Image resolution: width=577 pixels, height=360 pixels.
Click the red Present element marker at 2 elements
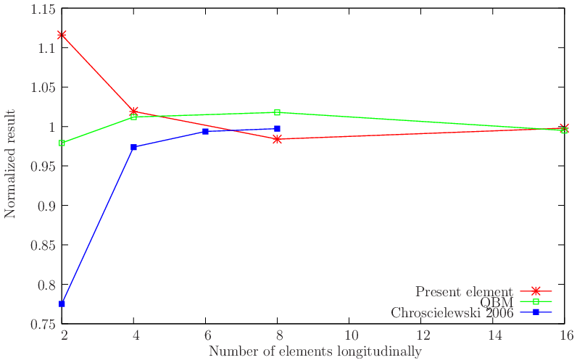coord(62,34)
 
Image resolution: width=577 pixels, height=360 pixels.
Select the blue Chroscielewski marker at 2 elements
coord(62,304)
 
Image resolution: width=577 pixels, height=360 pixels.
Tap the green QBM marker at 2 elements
coord(62,143)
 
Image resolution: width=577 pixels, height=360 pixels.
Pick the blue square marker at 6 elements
coord(206,131)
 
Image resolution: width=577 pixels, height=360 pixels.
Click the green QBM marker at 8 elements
coord(278,112)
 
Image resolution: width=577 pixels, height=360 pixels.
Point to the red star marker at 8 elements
coord(278,139)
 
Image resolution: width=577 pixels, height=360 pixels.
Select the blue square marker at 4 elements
coord(134,147)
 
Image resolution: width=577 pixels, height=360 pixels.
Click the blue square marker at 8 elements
coord(278,128)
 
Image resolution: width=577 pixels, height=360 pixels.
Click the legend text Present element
coord(464,292)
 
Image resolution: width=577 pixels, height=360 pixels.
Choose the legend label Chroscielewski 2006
coord(452,314)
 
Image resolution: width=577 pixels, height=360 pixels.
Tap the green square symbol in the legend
coord(536,302)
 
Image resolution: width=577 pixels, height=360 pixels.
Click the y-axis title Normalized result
coord(10,163)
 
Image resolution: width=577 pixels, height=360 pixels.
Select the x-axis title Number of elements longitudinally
coord(315,351)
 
